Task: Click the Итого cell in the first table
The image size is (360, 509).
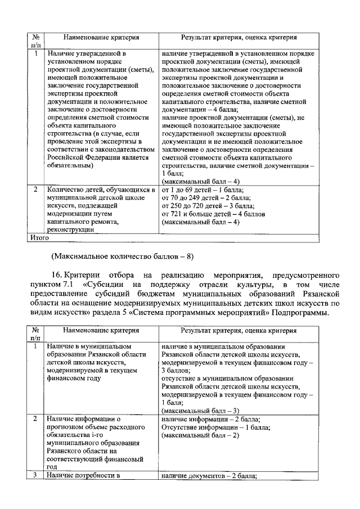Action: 39,238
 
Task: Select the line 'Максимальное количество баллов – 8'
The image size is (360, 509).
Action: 122,256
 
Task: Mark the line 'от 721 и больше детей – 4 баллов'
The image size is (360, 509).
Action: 213,214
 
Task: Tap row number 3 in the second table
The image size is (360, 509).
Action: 35,476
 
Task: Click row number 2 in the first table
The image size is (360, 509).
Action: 35,190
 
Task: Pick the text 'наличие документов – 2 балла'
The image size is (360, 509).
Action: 209,476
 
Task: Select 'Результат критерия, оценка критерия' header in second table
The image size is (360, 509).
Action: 238,332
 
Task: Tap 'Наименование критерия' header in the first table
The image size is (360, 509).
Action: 101,39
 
